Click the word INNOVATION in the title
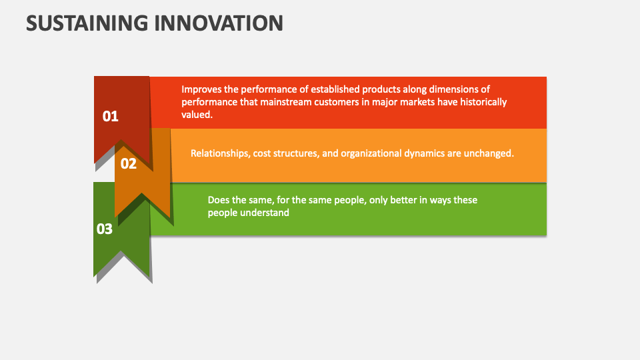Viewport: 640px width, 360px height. [x=221, y=23]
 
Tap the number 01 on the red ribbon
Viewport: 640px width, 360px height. [x=110, y=117]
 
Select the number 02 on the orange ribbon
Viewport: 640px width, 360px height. [x=129, y=163]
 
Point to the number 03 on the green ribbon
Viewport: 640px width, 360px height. [x=105, y=229]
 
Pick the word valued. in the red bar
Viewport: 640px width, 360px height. [x=197, y=115]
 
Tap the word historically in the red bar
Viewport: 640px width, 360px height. [x=483, y=102]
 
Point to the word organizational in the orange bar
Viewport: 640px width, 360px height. [x=371, y=153]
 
